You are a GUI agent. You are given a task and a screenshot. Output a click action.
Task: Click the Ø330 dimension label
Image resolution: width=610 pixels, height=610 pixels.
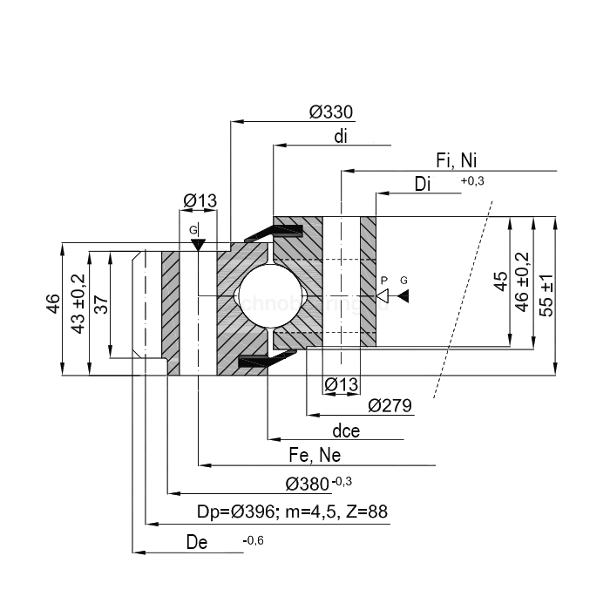coord(332,112)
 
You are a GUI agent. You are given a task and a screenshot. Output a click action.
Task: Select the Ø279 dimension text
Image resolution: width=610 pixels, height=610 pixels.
coord(390,405)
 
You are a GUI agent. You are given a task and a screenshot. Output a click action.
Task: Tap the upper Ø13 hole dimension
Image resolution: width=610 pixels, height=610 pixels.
coord(200,202)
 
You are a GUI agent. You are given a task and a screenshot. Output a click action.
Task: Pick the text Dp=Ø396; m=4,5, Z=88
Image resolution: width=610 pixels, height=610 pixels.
coord(292,512)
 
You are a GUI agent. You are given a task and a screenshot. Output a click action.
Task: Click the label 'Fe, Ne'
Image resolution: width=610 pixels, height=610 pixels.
coord(315,456)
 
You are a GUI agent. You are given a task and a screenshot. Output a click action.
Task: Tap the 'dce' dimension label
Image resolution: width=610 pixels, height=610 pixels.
coord(346,430)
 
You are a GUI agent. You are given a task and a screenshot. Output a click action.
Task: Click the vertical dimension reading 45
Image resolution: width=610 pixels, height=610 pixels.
coord(500,282)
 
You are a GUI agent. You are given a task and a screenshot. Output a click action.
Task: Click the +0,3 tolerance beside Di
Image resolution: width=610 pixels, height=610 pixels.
coord(471,180)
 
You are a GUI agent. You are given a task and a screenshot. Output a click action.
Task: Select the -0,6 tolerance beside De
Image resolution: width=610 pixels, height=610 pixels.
coord(253,541)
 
